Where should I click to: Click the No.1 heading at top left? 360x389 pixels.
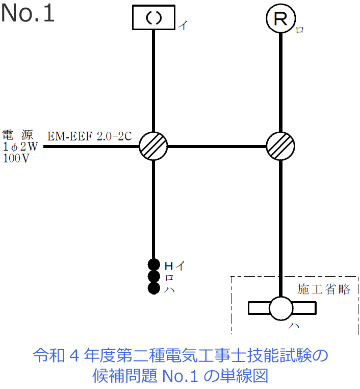[28, 14]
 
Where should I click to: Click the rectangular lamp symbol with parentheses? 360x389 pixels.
[153, 18]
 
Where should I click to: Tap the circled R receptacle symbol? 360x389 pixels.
[281, 19]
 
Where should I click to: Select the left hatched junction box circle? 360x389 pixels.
[153, 147]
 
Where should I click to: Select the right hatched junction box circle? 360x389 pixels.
[281, 147]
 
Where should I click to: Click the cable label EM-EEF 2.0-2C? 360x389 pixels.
[90, 136]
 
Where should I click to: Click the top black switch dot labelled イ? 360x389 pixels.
[153, 264]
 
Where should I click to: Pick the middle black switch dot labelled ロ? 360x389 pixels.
[153, 276]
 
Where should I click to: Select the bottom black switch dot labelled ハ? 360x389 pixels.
[153, 288]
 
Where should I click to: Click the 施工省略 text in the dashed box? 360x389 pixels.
[324, 289]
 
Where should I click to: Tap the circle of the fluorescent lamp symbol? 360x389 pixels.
[281, 308]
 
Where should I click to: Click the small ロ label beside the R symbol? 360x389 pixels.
[300, 30]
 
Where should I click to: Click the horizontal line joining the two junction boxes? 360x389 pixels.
[217, 147]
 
